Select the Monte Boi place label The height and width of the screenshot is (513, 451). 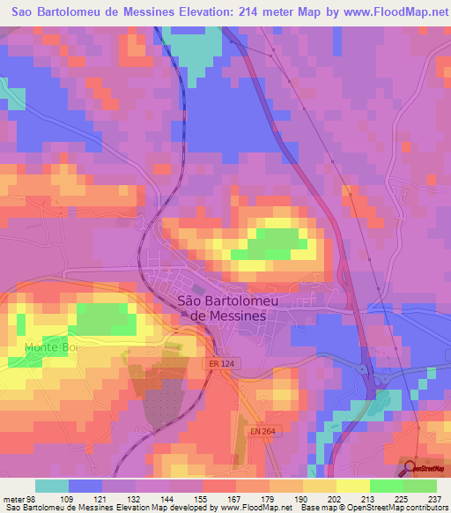point(52,347)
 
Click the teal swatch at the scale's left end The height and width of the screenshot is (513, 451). point(51,486)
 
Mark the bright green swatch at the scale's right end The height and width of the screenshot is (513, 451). point(419,486)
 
